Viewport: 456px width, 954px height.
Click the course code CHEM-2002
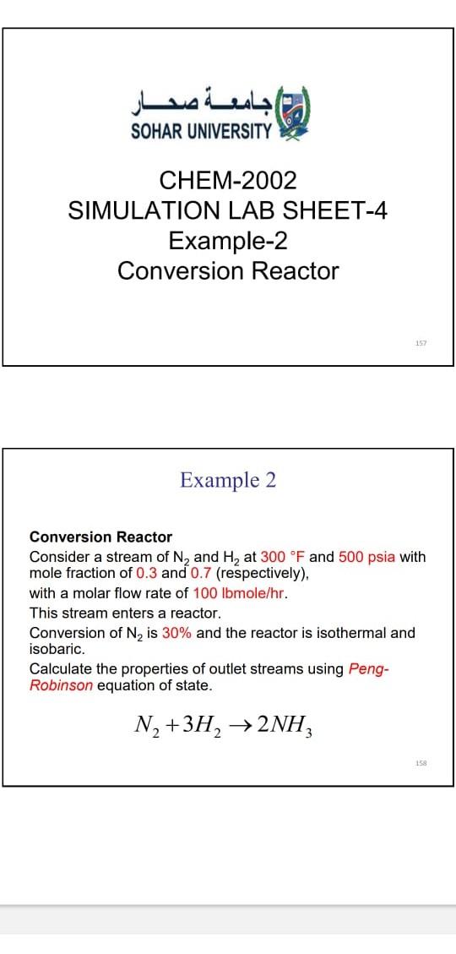228,180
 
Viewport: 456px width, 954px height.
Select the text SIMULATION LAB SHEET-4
228,210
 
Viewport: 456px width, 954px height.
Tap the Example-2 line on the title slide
228,241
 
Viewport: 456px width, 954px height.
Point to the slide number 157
421,343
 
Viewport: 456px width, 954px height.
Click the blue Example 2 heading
228,480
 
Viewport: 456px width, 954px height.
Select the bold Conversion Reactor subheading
100,537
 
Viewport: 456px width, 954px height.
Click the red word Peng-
371,669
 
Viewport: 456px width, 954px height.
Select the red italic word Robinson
61,684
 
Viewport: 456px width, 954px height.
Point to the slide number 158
421,763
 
